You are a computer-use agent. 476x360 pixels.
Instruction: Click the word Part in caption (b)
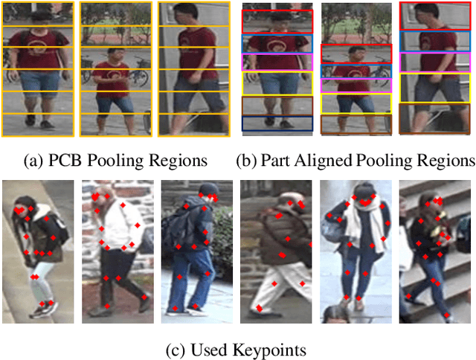(x=276, y=161)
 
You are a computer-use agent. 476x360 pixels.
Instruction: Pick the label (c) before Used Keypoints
(x=184, y=348)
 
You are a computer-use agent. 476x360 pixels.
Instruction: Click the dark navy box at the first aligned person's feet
(x=277, y=123)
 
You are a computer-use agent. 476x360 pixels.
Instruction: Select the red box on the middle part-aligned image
(x=356, y=54)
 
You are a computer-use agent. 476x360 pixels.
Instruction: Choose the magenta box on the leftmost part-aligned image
(x=277, y=62)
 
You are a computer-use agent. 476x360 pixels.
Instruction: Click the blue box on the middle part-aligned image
(x=356, y=71)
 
